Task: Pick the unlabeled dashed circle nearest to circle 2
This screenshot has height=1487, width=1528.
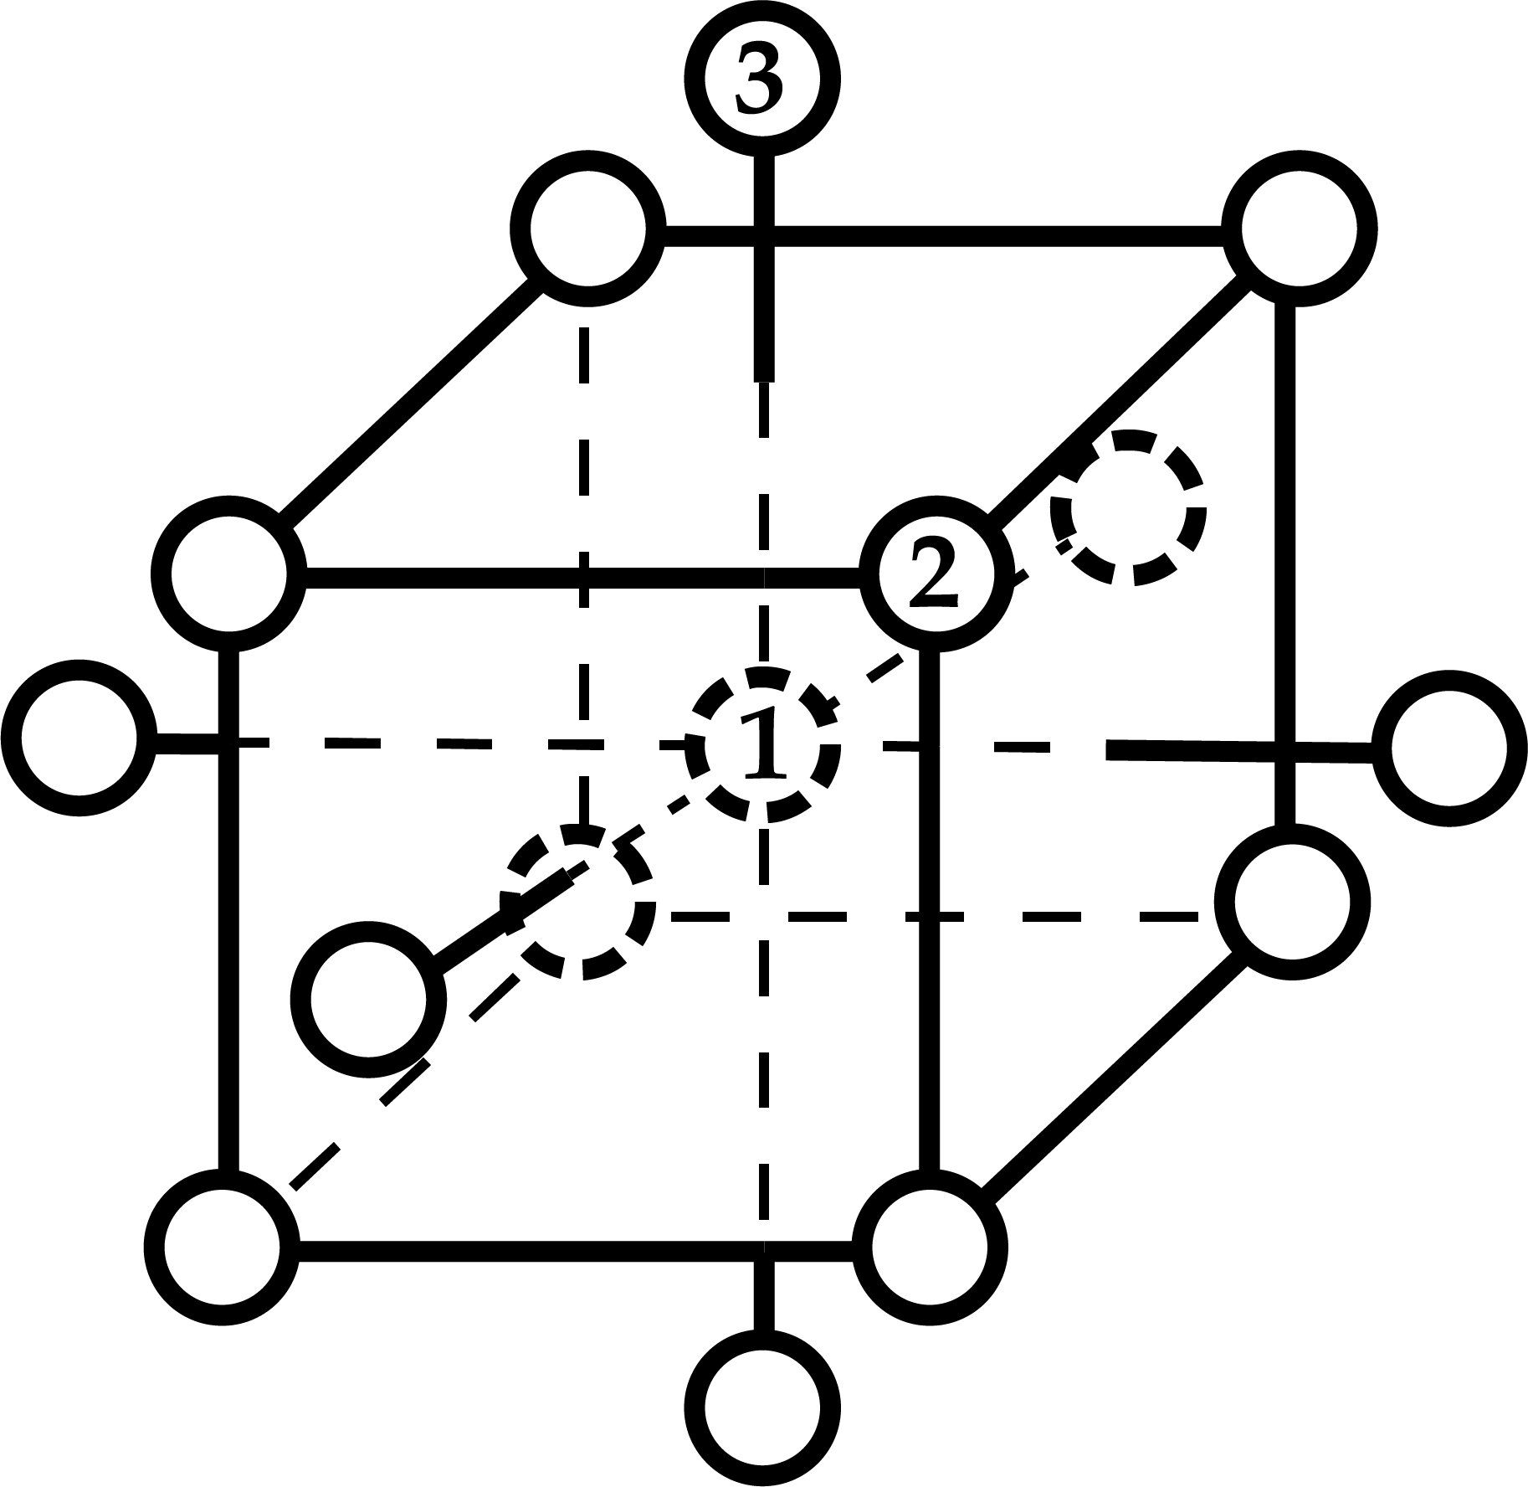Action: tap(1128, 507)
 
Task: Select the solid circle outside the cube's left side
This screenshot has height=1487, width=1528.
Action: tap(79, 738)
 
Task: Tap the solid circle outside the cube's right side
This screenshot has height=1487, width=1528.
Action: tap(1448, 748)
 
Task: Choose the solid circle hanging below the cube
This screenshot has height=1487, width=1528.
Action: tap(761, 1407)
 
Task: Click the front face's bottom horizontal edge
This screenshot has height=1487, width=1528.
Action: tap(577, 1251)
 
